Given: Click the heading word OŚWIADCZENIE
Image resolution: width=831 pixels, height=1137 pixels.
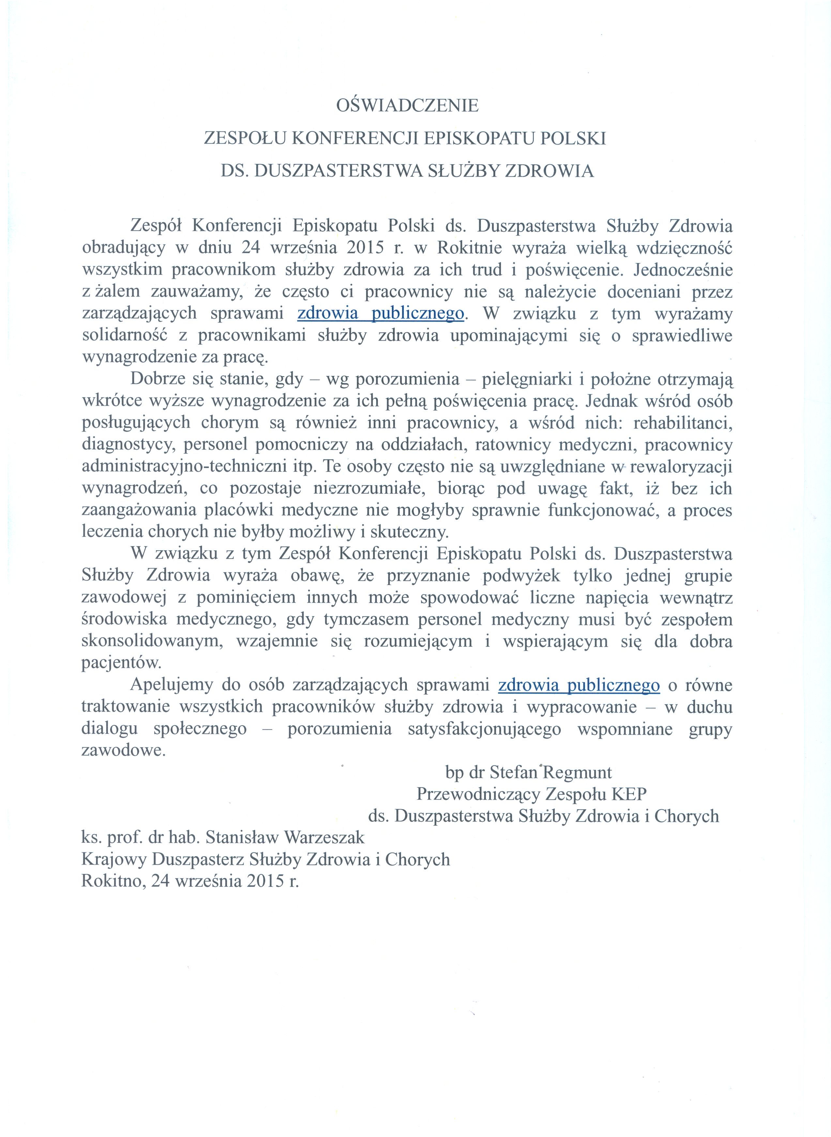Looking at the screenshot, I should (x=408, y=106).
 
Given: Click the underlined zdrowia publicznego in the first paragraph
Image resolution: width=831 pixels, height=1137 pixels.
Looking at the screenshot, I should (x=381, y=313).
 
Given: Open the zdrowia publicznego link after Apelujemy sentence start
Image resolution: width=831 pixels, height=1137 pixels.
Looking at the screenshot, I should (x=579, y=685).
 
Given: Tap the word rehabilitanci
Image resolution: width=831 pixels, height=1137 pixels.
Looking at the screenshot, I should (x=683, y=423).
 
